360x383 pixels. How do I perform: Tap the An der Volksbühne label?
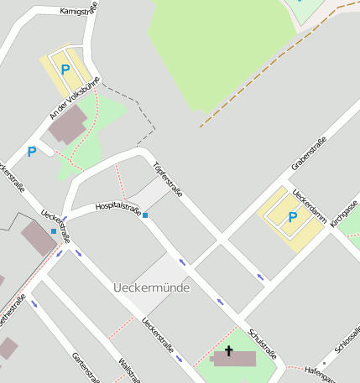74,98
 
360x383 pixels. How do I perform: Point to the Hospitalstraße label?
117,206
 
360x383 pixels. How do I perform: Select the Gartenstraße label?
86,366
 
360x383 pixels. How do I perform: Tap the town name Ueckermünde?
151,287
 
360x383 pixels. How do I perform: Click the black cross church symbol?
228,351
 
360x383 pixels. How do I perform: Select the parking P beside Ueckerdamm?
292,218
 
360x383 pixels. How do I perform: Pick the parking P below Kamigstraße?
65,70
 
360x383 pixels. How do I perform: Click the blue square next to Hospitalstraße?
145,215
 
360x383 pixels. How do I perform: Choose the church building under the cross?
234,360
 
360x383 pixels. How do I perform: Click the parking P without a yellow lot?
32,152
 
